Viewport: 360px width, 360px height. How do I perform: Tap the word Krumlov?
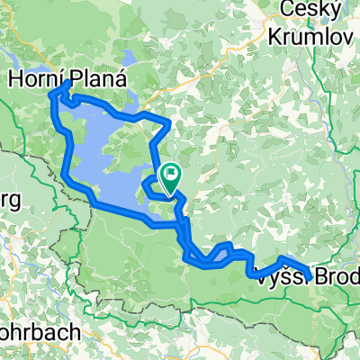coord(307,35)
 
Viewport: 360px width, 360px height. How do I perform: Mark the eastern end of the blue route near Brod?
coord(310,276)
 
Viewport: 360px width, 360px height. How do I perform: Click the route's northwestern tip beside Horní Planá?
coord(68,83)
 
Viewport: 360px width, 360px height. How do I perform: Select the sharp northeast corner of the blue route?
coord(169,121)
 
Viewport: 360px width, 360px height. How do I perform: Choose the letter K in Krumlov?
coord(277,35)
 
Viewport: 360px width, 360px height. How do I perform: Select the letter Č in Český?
coord(288,12)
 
